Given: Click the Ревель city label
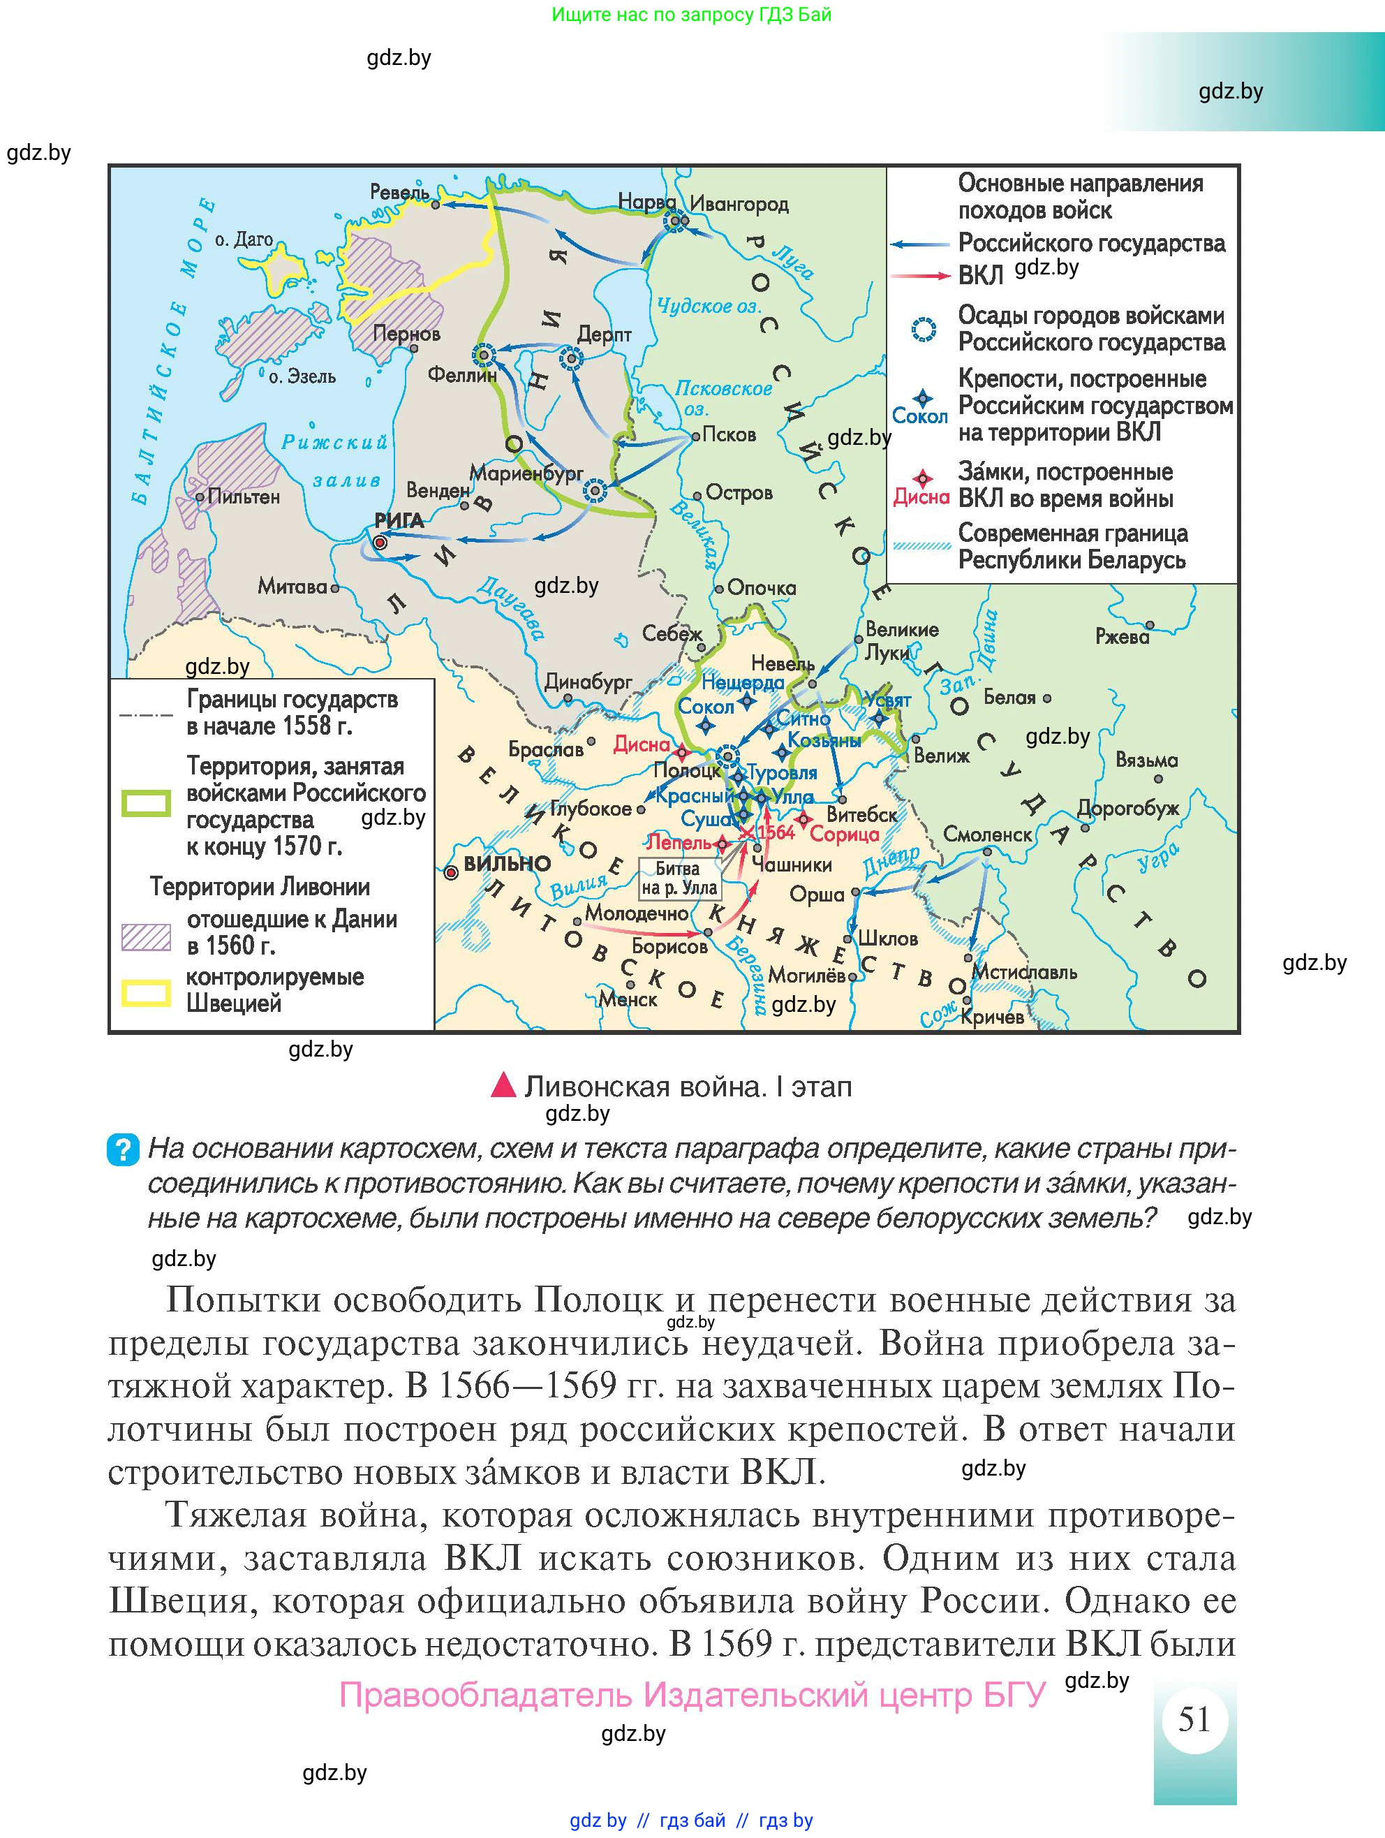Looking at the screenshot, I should (x=399, y=192).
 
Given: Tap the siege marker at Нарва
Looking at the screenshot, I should (x=676, y=221).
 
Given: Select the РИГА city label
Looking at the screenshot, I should (x=399, y=521).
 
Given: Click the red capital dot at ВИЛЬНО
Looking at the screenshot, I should (x=451, y=872).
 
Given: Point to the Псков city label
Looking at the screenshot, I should (x=729, y=434).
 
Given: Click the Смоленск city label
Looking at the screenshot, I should (x=987, y=835).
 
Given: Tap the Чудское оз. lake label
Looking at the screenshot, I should (x=709, y=306).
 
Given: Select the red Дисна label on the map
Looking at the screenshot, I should (x=642, y=744).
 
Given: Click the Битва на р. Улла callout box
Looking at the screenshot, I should (x=679, y=878).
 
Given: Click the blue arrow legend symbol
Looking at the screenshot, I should (x=920, y=244).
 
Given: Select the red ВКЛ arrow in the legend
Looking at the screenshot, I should (x=920, y=275).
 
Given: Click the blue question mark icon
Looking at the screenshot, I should (x=122, y=1150).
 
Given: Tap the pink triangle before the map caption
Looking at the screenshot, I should (x=503, y=1085).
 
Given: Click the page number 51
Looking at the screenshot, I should (x=1194, y=1719).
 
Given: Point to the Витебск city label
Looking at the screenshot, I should (x=861, y=815).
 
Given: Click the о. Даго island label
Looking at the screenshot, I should (x=244, y=240).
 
